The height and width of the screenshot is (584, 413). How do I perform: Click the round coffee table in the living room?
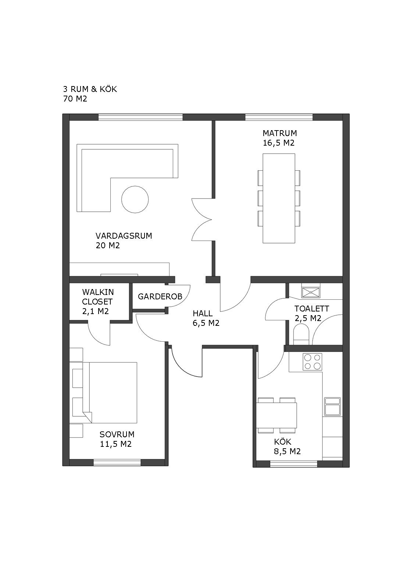[x=135, y=199]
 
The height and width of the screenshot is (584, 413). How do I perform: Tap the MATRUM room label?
[x=280, y=133]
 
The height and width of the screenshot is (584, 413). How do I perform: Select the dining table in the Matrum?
[x=279, y=198]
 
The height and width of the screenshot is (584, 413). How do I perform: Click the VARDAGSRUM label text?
[x=124, y=236]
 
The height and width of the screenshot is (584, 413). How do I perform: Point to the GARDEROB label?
[x=160, y=296]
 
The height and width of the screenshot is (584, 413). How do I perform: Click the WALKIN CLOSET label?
[x=98, y=297]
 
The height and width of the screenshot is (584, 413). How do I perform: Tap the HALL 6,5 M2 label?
[x=206, y=318]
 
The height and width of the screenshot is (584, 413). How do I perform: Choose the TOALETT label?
[x=312, y=309]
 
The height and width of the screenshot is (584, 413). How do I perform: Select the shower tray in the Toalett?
[x=311, y=292]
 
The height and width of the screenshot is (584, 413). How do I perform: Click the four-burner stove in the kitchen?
[x=312, y=362]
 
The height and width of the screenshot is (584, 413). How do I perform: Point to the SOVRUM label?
[x=117, y=434]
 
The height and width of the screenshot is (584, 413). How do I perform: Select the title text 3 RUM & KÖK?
[x=90, y=89]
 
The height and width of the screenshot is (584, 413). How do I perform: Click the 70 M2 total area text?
[x=75, y=99]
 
